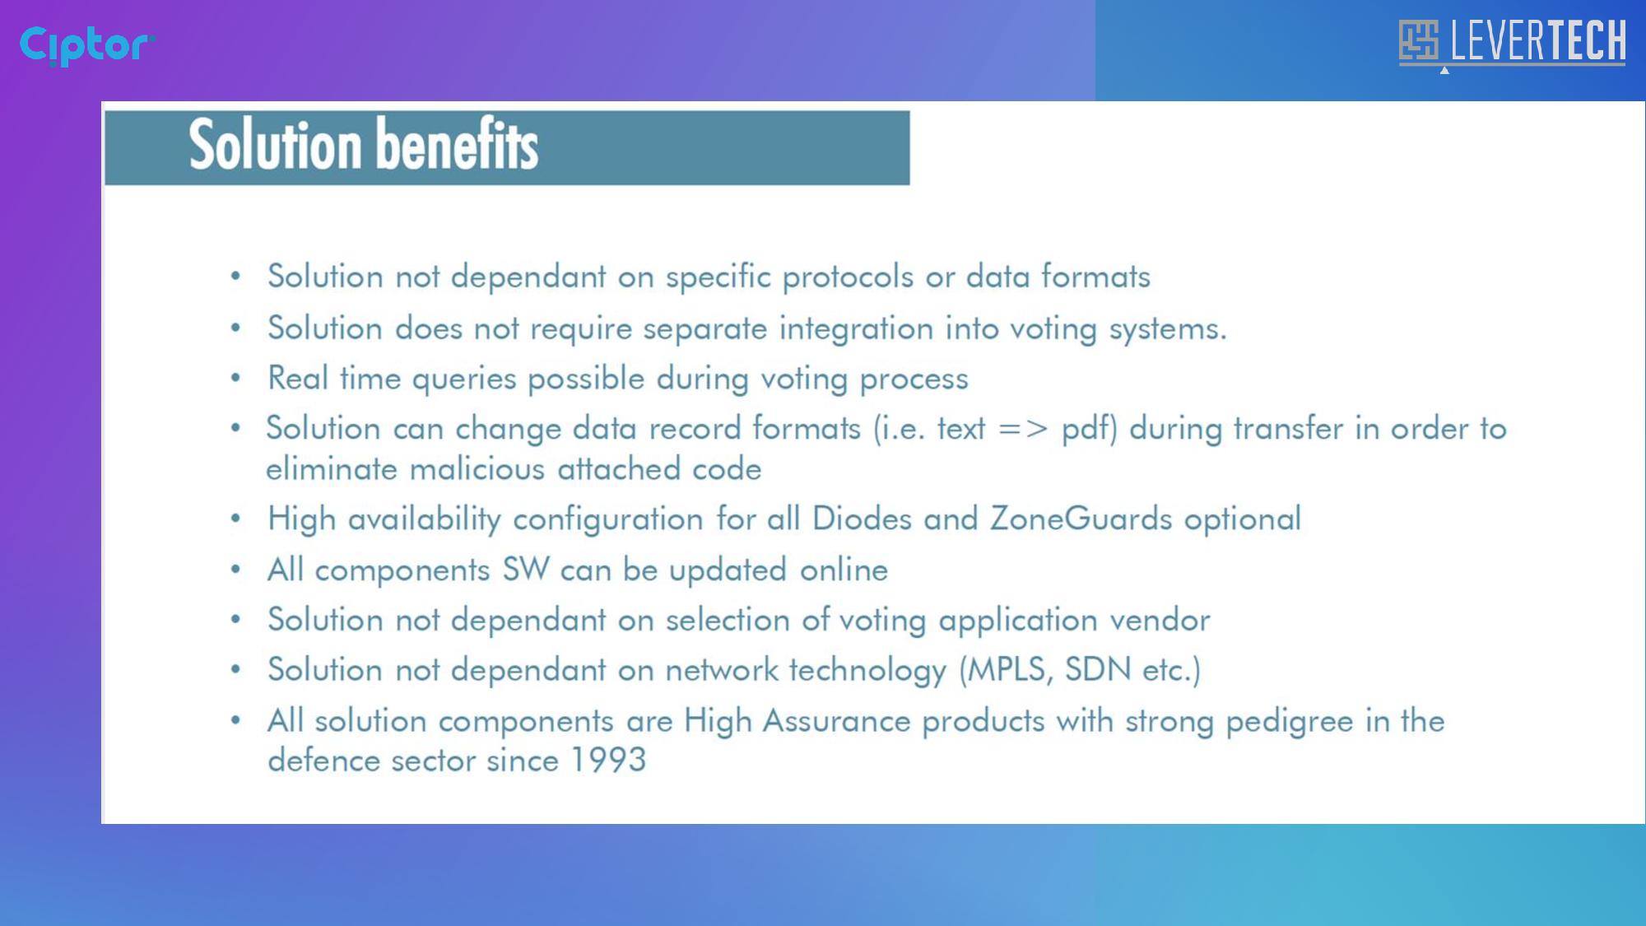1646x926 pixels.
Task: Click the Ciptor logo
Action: tap(87, 45)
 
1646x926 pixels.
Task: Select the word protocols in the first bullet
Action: tap(847, 278)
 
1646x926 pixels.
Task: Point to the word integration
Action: tap(856, 329)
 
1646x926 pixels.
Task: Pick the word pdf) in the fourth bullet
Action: tap(1089, 429)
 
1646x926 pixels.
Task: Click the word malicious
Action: tap(477, 469)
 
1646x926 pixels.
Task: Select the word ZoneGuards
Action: tap(1081, 519)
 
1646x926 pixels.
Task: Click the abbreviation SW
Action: tap(526, 570)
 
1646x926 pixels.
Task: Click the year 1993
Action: tap(608, 761)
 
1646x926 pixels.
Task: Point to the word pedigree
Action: tap(1290, 722)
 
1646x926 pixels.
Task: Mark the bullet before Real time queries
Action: tap(236, 379)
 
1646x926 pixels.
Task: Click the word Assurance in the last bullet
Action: tap(836, 721)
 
